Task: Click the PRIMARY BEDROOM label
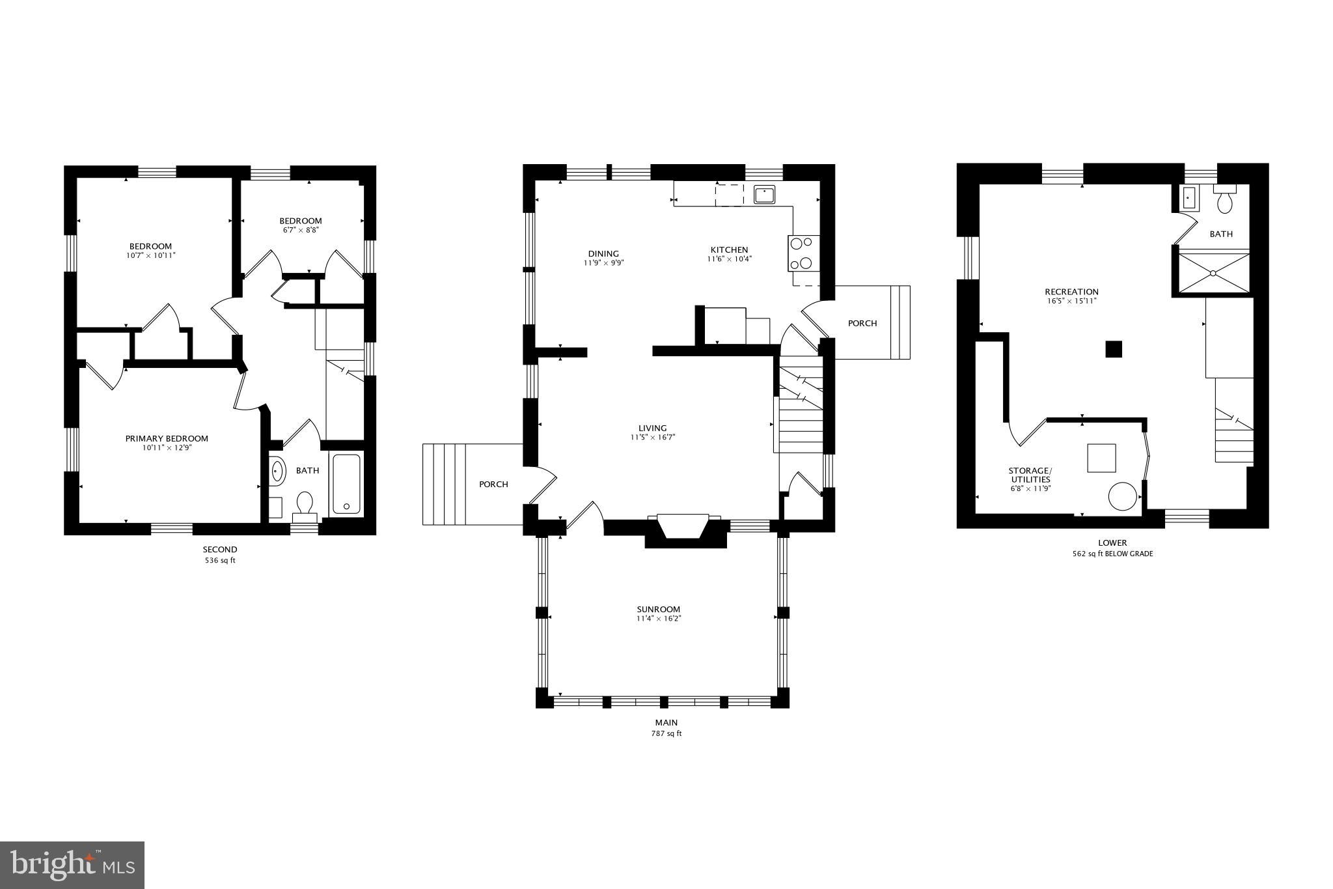coord(167,438)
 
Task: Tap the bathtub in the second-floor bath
coord(346,483)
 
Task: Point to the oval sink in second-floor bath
coord(278,470)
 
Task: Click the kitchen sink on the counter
coord(763,194)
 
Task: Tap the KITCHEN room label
coord(729,249)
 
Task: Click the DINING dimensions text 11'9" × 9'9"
coord(603,263)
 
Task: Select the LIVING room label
coord(652,428)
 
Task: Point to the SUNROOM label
coord(658,609)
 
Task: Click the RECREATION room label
coord(1071,292)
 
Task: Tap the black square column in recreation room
coord(1114,349)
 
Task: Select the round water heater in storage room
coord(1122,496)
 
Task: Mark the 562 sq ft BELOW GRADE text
coord(1112,554)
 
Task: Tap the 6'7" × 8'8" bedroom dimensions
coord(300,230)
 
